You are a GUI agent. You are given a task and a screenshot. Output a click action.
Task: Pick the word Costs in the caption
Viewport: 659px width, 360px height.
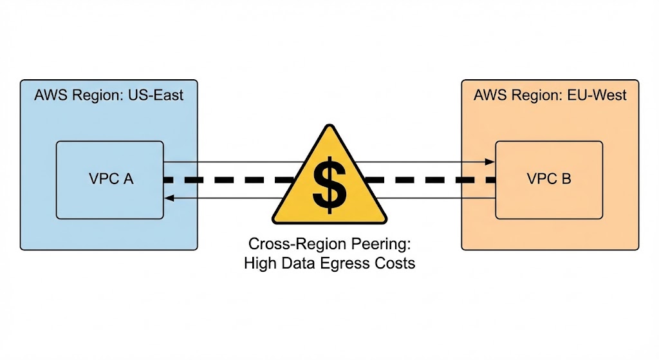391,263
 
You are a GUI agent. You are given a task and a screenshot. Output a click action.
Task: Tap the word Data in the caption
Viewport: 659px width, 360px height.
294,263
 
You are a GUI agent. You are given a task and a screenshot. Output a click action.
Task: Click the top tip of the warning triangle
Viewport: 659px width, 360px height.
329,127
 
